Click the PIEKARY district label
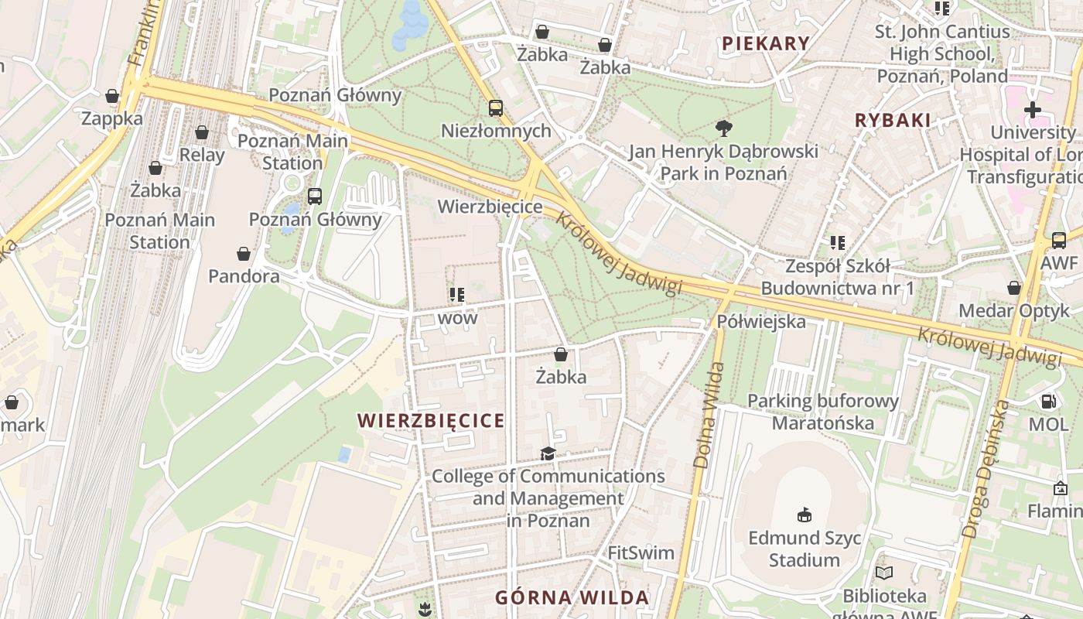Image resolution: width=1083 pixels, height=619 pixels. click(765, 43)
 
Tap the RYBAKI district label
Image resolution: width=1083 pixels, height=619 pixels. click(892, 120)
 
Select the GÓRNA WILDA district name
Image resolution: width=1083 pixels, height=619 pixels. click(572, 597)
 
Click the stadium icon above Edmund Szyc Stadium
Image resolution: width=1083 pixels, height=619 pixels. click(805, 515)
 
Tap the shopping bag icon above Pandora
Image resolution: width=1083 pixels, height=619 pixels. click(244, 253)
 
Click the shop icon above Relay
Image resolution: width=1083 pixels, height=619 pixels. click(202, 132)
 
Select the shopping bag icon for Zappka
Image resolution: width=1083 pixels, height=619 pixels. click(112, 96)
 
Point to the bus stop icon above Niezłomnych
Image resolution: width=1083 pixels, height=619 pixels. click(495, 108)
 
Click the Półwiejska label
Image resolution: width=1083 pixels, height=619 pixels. click(761, 321)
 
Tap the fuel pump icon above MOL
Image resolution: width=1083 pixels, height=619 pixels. click(1048, 402)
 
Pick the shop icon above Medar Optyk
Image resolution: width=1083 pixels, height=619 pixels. click(1013, 288)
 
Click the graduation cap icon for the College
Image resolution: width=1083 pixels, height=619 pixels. click(548, 453)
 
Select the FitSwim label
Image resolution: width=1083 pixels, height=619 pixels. click(641, 553)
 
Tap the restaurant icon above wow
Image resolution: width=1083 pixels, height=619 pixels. click(457, 295)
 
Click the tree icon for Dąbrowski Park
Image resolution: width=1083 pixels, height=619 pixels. click(723, 128)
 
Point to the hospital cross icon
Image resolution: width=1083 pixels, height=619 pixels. click(1032, 110)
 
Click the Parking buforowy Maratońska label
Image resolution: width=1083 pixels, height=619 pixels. click(823, 412)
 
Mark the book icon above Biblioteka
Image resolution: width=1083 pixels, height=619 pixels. click(884, 573)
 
